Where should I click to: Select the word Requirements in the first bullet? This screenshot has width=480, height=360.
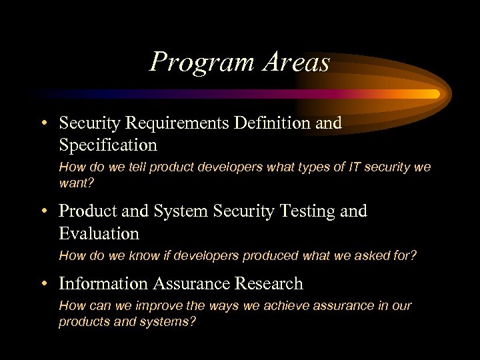pos(176,123)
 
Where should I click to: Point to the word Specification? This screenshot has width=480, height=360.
pos(108,145)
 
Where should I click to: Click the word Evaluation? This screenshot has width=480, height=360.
pos(99,233)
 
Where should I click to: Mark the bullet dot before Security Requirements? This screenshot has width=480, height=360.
pos(43,124)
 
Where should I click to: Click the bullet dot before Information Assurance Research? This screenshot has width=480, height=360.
pos(43,285)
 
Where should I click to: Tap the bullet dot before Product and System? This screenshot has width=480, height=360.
pos(43,212)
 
